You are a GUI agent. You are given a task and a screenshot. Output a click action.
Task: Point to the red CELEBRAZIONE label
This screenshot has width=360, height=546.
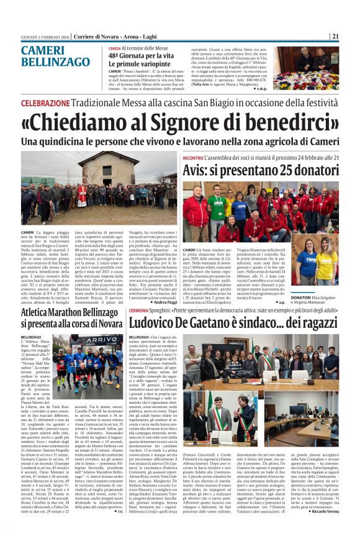pos(45,102)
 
